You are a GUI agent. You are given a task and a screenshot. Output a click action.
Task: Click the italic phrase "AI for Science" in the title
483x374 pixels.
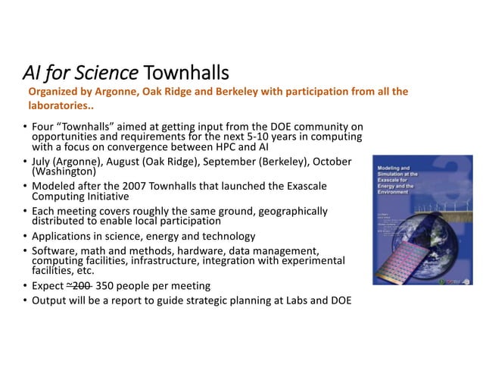[x=79, y=73]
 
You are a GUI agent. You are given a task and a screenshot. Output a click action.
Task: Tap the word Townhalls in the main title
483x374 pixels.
[x=185, y=73]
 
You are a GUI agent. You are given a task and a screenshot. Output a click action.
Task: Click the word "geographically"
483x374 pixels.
[x=291, y=211]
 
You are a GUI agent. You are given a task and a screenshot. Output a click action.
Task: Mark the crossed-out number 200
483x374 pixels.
[x=80, y=286]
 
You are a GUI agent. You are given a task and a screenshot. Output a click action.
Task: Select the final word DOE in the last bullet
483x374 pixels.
[x=341, y=300]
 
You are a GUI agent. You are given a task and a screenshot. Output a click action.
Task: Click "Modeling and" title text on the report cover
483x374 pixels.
[x=395, y=165]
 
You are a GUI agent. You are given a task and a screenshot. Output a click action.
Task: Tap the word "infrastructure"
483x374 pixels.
[x=176, y=260]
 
